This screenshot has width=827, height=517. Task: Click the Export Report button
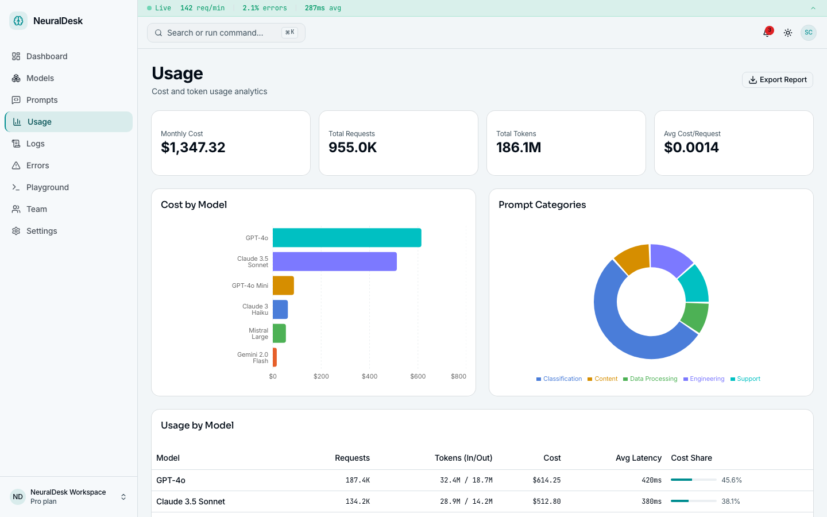coord(777,80)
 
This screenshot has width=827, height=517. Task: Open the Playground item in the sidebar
coord(47,187)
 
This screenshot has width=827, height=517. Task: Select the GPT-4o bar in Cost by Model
coord(347,238)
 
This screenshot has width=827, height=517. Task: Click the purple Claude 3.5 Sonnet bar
coord(334,261)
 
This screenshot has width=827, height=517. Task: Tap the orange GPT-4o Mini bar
coord(283,285)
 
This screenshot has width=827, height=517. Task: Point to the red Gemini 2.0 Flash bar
coord(275,357)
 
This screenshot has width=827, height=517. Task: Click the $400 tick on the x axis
coord(369,376)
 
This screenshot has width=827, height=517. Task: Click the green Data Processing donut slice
coord(695,317)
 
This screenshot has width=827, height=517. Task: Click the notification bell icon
coord(767,33)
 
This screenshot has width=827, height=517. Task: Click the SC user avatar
coord(808,33)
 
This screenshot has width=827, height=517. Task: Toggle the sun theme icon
coord(788,33)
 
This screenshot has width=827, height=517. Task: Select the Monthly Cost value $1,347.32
coord(193,148)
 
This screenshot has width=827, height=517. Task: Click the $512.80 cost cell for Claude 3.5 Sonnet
coord(546,501)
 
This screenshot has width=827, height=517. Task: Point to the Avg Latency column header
coord(638,458)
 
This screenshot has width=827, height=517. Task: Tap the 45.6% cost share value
coord(732,480)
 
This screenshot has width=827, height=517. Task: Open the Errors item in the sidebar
coord(37,165)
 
